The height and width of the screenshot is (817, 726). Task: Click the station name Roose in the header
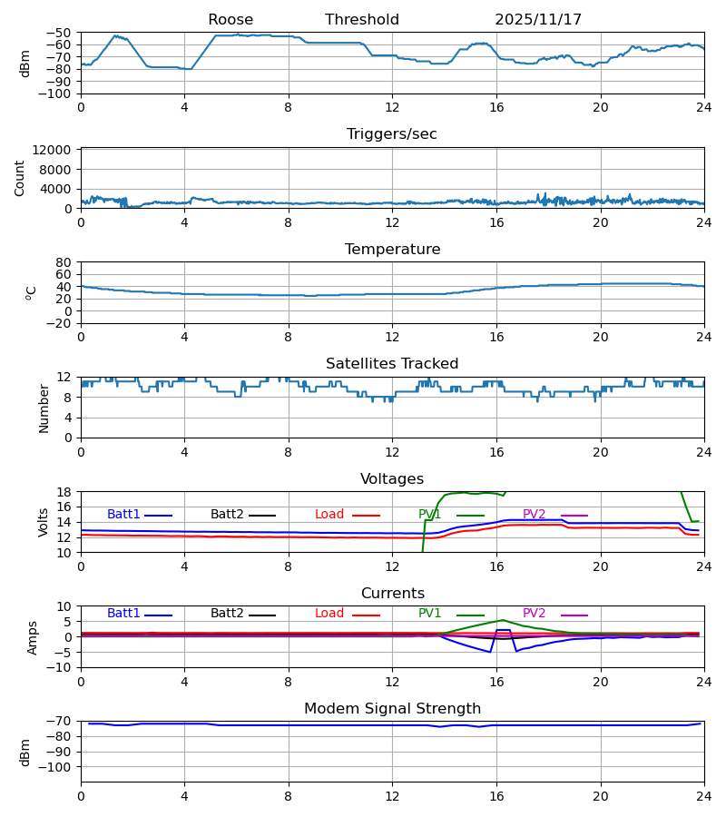pyautogui.click(x=231, y=20)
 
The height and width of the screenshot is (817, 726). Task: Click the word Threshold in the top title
pyautogui.click(x=362, y=20)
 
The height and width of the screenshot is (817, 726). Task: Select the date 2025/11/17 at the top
pyautogui.click(x=538, y=20)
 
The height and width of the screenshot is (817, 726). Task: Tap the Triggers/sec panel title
pyautogui.click(x=392, y=134)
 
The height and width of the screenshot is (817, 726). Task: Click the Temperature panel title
pyautogui.click(x=392, y=250)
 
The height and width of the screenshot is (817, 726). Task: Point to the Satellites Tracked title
pyautogui.click(x=392, y=364)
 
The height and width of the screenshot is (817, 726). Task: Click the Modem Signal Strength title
pyautogui.click(x=392, y=709)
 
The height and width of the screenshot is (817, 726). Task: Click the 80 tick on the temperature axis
pyautogui.click(x=64, y=262)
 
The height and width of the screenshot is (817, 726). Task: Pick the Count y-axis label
pyautogui.click(x=20, y=178)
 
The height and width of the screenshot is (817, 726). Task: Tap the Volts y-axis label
pyautogui.click(x=44, y=522)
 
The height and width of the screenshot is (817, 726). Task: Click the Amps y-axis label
pyautogui.click(x=33, y=637)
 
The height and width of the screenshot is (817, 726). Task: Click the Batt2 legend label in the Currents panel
pyautogui.click(x=227, y=614)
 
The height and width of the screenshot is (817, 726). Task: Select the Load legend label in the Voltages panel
pyautogui.click(x=329, y=515)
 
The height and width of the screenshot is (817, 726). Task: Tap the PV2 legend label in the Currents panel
pyautogui.click(x=534, y=614)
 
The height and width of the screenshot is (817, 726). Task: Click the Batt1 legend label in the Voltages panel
pyautogui.click(x=123, y=515)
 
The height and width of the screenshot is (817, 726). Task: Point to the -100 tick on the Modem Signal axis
pyautogui.click(x=56, y=767)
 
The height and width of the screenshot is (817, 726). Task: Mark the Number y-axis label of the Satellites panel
pyautogui.click(x=44, y=408)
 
